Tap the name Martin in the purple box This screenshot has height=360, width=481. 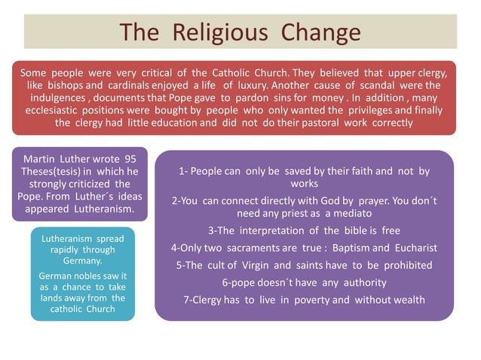tap(42, 160)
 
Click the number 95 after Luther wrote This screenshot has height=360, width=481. tap(130, 160)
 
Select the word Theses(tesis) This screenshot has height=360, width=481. tap(48, 172)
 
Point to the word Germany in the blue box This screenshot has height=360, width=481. tap(83, 261)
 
